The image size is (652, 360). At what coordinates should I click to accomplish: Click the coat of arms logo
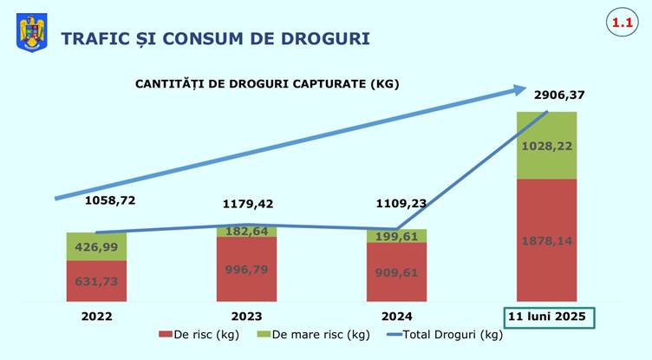(32, 34)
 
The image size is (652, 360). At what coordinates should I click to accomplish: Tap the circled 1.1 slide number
(620, 25)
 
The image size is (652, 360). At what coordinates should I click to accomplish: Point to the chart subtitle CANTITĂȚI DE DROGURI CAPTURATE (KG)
(266, 84)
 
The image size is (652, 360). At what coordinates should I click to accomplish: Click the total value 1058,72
(110, 200)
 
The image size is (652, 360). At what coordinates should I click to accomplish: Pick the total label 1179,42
(246, 205)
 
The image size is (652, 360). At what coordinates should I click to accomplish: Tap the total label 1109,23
(401, 205)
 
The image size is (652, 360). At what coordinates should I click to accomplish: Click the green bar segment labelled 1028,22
(546, 146)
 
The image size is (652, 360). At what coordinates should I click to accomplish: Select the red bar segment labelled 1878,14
(546, 240)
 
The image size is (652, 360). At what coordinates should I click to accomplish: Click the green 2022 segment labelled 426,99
(96, 246)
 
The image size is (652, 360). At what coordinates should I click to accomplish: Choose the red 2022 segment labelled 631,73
(96, 280)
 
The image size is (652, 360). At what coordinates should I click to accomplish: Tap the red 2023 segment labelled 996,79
(246, 269)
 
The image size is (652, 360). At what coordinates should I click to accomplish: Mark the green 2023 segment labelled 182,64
(246, 231)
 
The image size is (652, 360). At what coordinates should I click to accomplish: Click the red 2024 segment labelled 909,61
(396, 272)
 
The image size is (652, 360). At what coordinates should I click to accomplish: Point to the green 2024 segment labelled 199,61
(396, 236)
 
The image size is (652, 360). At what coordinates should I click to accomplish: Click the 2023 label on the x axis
(246, 317)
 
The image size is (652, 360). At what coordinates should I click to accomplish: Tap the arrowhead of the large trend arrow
(518, 88)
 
